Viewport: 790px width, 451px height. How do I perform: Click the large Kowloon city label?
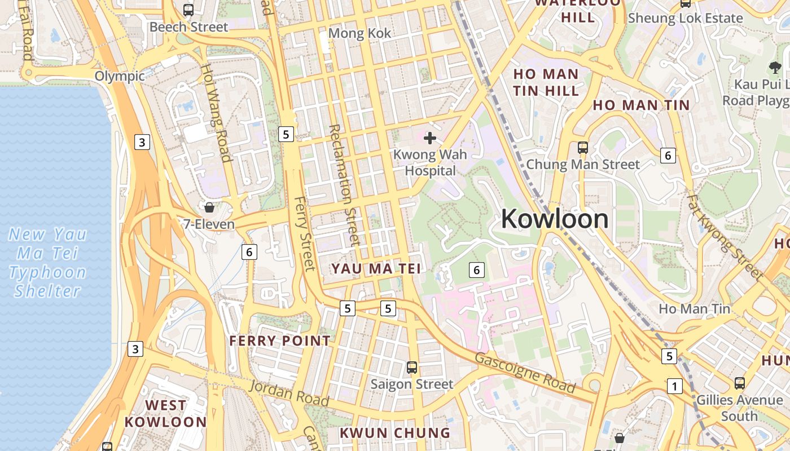click(x=555, y=219)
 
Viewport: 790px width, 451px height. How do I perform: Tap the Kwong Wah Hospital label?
click(x=430, y=162)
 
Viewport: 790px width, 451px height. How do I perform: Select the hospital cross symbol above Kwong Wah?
click(x=430, y=138)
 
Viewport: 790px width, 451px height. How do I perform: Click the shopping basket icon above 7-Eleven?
click(x=209, y=207)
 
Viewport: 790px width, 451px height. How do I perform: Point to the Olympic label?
click(x=120, y=76)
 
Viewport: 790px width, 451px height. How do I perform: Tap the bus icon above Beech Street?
click(x=188, y=10)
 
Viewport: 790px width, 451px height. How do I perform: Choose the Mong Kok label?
click(x=359, y=33)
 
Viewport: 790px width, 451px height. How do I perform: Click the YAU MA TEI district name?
click(x=376, y=269)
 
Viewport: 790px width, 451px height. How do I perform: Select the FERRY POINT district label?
click(x=279, y=341)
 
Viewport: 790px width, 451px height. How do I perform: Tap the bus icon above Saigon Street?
click(x=412, y=368)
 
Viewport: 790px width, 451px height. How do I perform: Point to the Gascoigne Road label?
click(x=525, y=373)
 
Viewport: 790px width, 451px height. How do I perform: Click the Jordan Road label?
click(x=289, y=393)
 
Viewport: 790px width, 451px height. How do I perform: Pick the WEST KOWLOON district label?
click(x=165, y=413)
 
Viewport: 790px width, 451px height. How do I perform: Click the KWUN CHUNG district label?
click(x=394, y=433)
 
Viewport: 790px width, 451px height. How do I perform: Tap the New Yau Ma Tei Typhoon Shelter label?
click(x=48, y=262)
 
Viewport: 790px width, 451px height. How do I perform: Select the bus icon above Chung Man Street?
click(x=583, y=148)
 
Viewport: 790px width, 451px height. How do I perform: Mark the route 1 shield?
click(x=674, y=386)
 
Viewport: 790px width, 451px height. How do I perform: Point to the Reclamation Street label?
click(x=344, y=185)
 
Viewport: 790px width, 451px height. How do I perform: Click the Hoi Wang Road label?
click(x=217, y=112)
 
